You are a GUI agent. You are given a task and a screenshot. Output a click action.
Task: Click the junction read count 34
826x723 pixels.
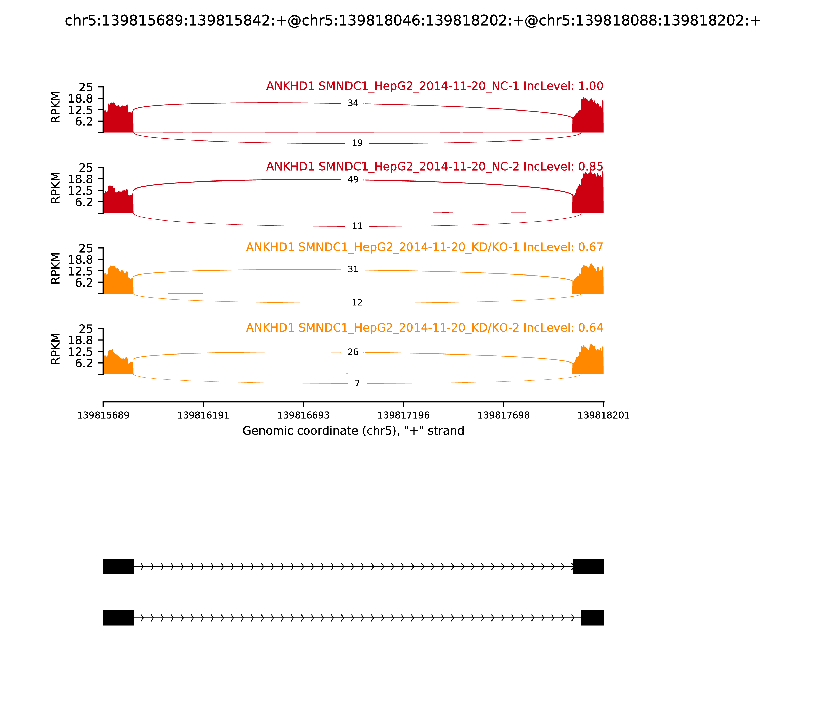[x=353, y=103]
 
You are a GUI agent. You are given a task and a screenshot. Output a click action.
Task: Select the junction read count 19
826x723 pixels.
[x=357, y=143]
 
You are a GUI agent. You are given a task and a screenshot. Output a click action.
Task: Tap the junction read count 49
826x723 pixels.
[x=353, y=179]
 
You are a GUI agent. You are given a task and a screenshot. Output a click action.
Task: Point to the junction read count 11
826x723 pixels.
[x=357, y=226]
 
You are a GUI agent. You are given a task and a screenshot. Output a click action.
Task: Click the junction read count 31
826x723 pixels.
[x=353, y=270]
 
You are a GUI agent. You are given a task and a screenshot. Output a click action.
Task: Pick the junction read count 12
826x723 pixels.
[x=357, y=303]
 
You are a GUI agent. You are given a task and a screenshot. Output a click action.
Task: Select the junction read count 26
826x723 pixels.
[x=353, y=352]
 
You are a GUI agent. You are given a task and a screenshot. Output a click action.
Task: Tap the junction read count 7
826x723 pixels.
[x=357, y=383]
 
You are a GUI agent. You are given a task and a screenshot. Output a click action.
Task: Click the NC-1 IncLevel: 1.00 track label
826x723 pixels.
[x=435, y=86]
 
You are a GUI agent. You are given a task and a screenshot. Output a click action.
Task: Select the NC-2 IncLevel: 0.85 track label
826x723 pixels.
[x=435, y=167]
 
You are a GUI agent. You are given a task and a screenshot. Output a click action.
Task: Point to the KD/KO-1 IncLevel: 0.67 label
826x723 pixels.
[x=425, y=247]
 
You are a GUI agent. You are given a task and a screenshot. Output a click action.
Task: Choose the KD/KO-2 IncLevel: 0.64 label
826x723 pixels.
[x=425, y=328]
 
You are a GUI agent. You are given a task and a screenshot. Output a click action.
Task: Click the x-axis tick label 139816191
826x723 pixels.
[x=203, y=415]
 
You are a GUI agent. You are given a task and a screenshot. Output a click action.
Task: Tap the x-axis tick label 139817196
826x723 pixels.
[x=403, y=415]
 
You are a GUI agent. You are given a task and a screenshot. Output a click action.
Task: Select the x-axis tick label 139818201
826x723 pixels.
[x=603, y=415]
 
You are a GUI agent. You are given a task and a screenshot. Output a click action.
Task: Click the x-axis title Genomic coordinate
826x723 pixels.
[x=353, y=431]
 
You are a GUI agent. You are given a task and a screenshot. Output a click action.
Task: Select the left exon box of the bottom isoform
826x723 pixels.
[x=118, y=618]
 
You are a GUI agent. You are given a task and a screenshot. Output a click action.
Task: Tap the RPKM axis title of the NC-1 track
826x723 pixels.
[x=56, y=107]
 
